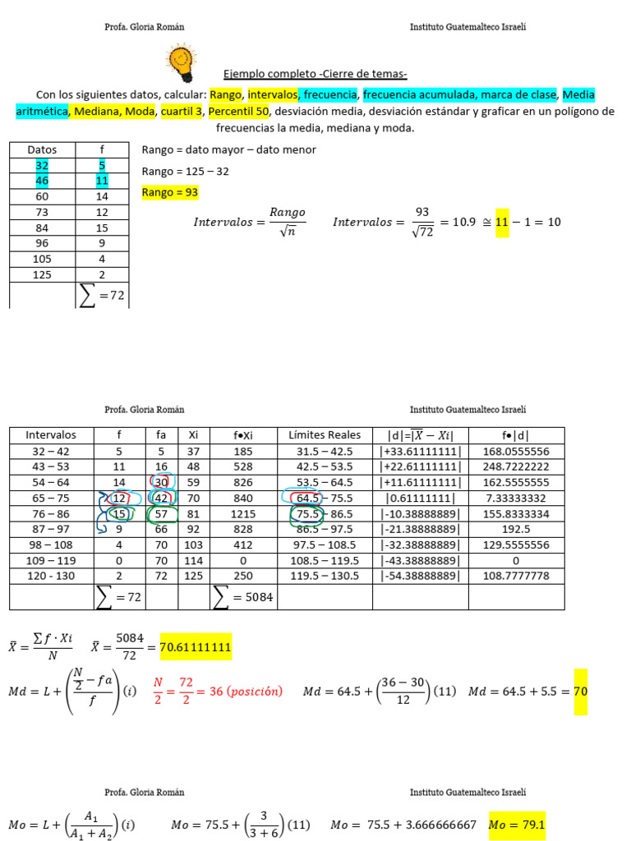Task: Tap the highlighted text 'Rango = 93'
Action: pos(170,192)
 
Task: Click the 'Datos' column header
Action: pos(42,149)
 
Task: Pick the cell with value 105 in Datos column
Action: pos(42,259)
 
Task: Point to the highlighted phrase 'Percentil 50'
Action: pos(238,112)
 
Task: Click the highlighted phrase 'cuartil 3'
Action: pos(181,112)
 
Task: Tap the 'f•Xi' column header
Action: pos(243,435)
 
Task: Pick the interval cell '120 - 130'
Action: pos(51,577)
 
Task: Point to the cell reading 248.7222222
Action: pos(517,466)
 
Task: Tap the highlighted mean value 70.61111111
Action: pos(196,648)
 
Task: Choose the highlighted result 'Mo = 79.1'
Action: pos(517,825)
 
